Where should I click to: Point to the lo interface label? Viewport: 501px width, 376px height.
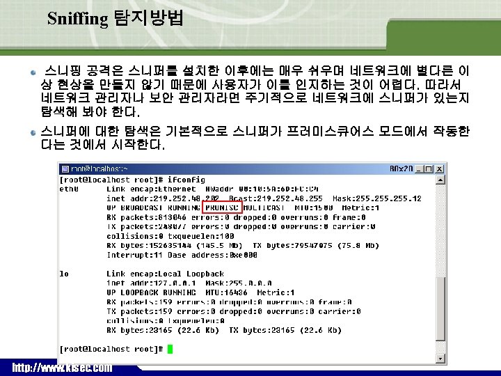(64, 274)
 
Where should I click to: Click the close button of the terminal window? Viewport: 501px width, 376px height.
(439, 169)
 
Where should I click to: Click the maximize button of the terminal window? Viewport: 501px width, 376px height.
(429, 169)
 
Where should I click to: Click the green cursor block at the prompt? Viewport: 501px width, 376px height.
(170, 349)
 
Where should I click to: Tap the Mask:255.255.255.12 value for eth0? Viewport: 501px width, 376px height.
(381, 198)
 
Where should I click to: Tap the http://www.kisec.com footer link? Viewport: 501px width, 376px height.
(61, 367)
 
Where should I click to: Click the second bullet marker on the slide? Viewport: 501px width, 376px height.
(33, 130)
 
